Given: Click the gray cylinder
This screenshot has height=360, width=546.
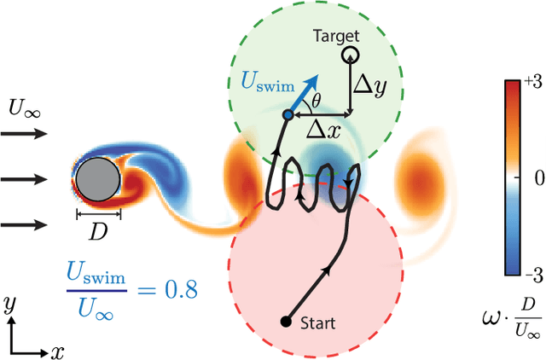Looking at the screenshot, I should tap(97, 180).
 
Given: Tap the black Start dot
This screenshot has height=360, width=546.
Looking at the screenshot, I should tap(286, 322).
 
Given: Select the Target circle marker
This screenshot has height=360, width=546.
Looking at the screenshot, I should tap(349, 55).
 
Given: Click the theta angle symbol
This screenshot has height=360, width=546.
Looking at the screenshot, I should tap(317, 102).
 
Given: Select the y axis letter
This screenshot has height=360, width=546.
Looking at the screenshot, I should tap(8, 304).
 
